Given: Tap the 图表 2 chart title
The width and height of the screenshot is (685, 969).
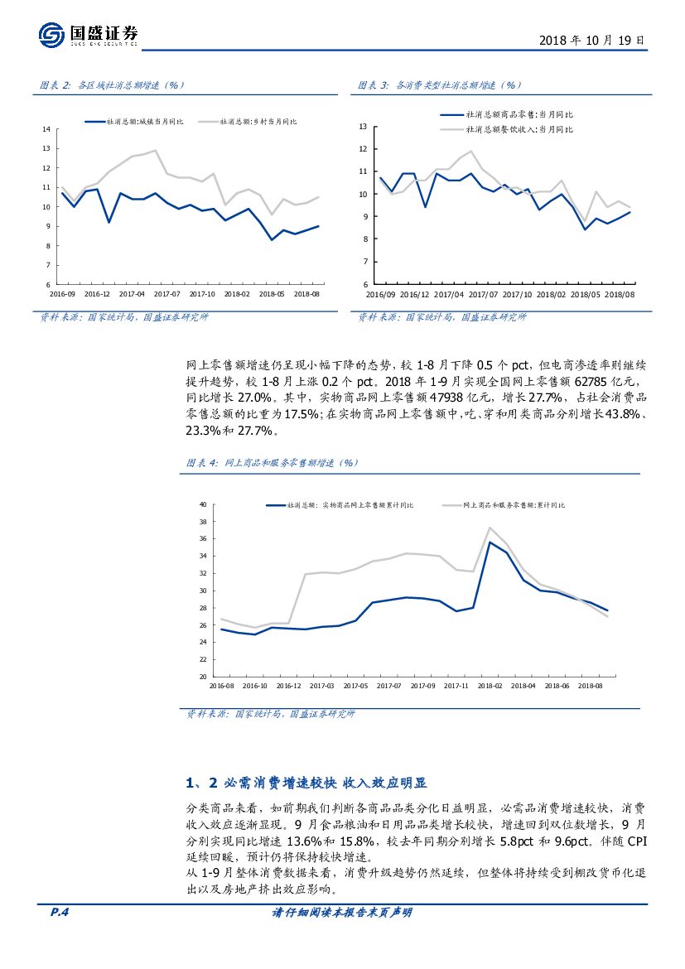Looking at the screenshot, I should (x=112, y=84).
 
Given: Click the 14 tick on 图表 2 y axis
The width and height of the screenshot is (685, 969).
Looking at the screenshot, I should (x=47, y=128).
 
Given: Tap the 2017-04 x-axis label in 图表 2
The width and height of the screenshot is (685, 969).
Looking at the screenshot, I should (x=132, y=293).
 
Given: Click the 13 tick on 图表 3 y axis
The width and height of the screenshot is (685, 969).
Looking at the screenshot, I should (x=363, y=126).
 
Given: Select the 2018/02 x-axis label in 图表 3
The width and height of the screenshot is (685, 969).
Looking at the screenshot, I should (x=552, y=293).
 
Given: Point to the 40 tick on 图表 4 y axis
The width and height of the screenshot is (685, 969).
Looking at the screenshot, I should (x=202, y=504).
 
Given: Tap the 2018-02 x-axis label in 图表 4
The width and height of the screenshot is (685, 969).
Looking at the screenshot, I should (x=490, y=686).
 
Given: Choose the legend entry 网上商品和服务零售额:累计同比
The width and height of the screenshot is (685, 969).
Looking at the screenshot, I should (x=514, y=504).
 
